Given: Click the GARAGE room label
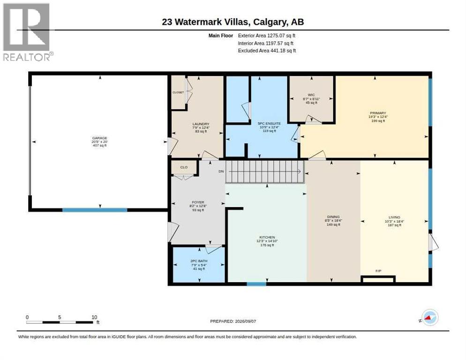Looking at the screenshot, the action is [x=99, y=138].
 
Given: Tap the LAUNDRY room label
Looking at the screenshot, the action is [x=201, y=124].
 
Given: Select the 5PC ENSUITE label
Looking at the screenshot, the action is [x=269, y=123].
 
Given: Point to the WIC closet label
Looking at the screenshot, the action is [x=311, y=95].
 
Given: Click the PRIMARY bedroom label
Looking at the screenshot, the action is [x=378, y=113].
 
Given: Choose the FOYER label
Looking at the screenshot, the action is [x=198, y=202].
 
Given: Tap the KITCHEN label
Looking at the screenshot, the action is [x=267, y=237].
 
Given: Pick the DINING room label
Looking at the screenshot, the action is [x=333, y=217].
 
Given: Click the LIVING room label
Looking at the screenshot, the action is [x=394, y=217].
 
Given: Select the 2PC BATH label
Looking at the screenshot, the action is [x=199, y=261].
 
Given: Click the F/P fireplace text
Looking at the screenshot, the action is [x=378, y=271].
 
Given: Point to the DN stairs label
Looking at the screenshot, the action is [x=221, y=172].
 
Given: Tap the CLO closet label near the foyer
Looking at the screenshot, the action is [x=184, y=167].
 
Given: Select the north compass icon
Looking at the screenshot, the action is [x=430, y=317].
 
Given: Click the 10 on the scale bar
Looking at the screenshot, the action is [x=94, y=317].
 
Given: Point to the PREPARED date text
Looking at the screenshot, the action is [x=233, y=322].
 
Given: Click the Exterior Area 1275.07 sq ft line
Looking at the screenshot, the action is [x=267, y=36].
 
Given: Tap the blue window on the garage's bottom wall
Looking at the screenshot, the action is [x=95, y=210].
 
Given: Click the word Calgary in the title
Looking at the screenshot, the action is [x=271, y=22].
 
